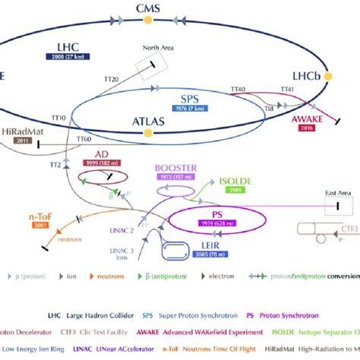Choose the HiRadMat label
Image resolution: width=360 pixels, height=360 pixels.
[20, 131]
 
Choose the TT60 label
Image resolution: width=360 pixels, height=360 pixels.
[84, 140]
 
